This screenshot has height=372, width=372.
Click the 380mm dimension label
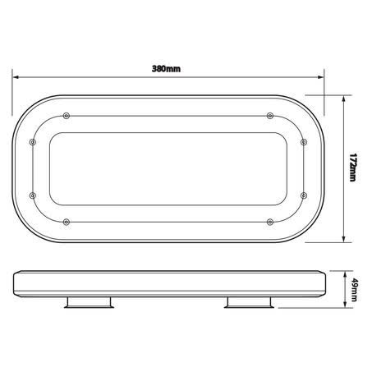[x=166, y=69]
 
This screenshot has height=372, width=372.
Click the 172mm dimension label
[x=353, y=168]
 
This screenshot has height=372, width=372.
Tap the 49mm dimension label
[x=354, y=290]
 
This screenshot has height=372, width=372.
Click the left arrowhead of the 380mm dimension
[x=16, y=77]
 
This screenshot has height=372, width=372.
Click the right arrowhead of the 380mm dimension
[x=321, y=77]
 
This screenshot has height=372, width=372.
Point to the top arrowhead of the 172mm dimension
[x=344, y=99]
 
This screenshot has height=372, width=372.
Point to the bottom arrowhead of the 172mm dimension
[x=344, y=239]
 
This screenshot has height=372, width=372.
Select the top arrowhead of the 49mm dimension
[x=344, y=273]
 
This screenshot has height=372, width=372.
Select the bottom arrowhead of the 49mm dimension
[x=344, y=305]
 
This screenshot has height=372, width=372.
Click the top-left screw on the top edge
[x=67, y=116]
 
